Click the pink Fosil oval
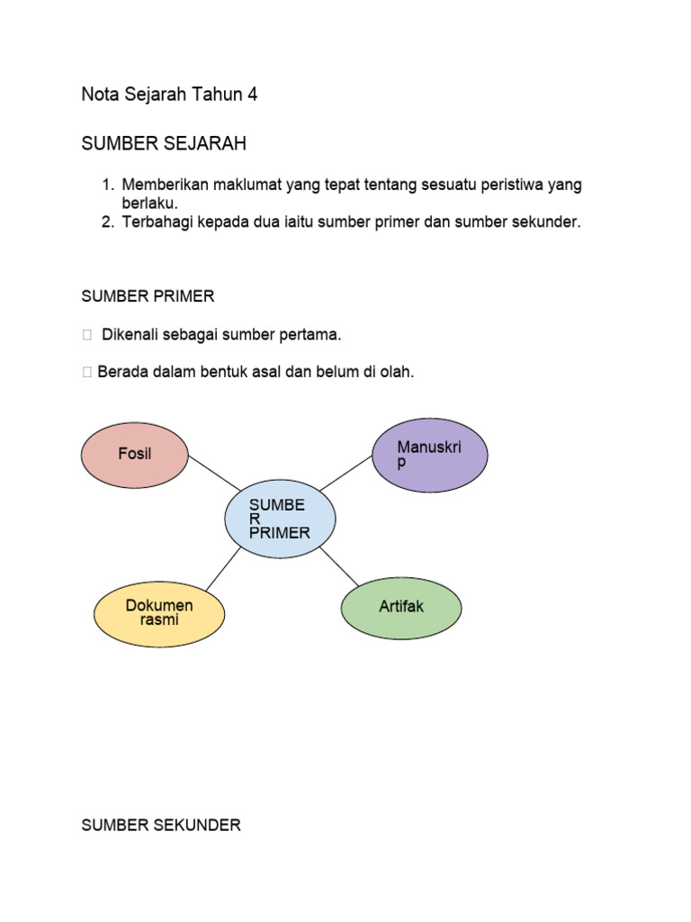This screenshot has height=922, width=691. [x=135, y=454]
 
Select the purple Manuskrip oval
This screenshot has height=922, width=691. [x=430, y=455]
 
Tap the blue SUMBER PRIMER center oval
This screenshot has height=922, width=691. [x=280, y=519]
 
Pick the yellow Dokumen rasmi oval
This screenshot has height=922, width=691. [x=159, y=612]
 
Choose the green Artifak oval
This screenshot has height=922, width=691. [x=401, y=608]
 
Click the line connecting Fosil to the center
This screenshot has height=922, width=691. [x=214, y=474]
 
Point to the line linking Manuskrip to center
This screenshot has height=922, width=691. [x=346, y=473]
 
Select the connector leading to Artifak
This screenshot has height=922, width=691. [x=339, y=565]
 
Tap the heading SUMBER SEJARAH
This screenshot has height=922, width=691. [x=164, y=144]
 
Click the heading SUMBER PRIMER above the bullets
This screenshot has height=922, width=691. [x=148, y=296]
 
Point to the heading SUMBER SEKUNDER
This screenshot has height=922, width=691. [x=161, y=825]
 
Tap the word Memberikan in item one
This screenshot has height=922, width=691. [x=166, y=185]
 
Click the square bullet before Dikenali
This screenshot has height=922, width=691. [x=86, y=336]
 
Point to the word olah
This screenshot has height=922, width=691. [x=397, y=372]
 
